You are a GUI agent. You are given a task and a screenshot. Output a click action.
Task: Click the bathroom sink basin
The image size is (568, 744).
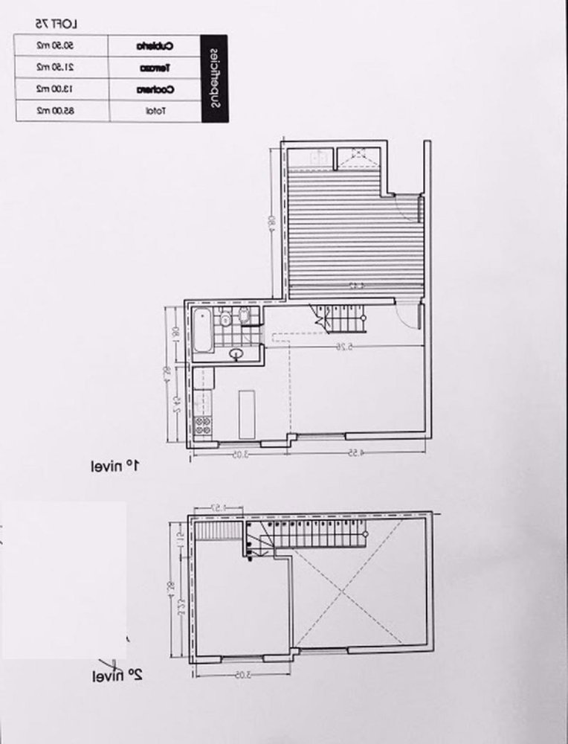(238, 353)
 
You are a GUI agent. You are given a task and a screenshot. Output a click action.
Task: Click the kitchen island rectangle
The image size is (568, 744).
(246, 415)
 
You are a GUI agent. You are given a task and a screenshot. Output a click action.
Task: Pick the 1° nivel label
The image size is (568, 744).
(115, 466)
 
